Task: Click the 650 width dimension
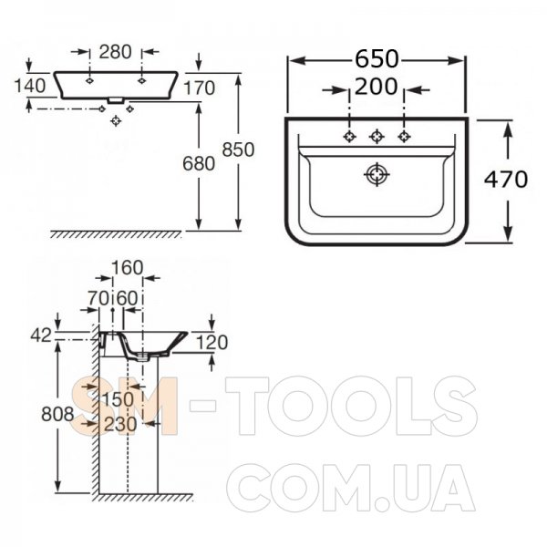(x=377, y=58)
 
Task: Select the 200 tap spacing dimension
(x=376, y=87)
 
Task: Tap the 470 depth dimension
(x=506, y=180)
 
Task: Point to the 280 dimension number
(x=116, y=52)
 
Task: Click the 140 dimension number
(x=30, y=86)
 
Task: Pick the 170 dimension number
(x=199, y=88)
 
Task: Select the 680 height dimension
(x=199, y=163)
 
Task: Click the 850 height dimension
(x=238, y=150)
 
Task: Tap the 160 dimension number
(x=128, y=267)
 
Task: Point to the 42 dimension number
(x=41, y=335)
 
